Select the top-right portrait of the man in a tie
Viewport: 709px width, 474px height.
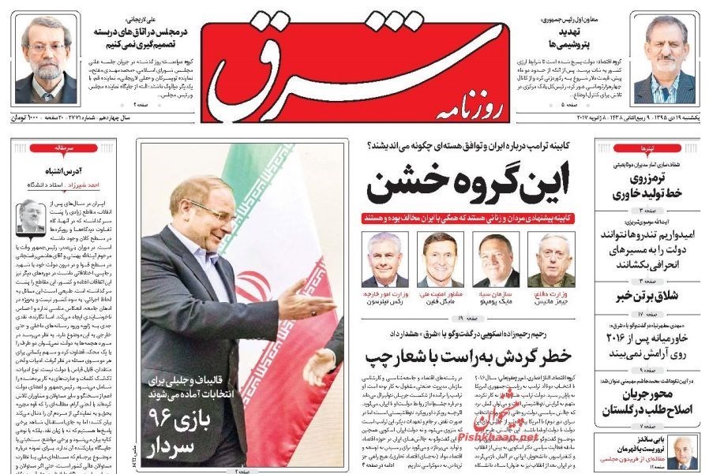click(664, 59)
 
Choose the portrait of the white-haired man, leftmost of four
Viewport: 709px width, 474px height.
click(385, 259)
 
